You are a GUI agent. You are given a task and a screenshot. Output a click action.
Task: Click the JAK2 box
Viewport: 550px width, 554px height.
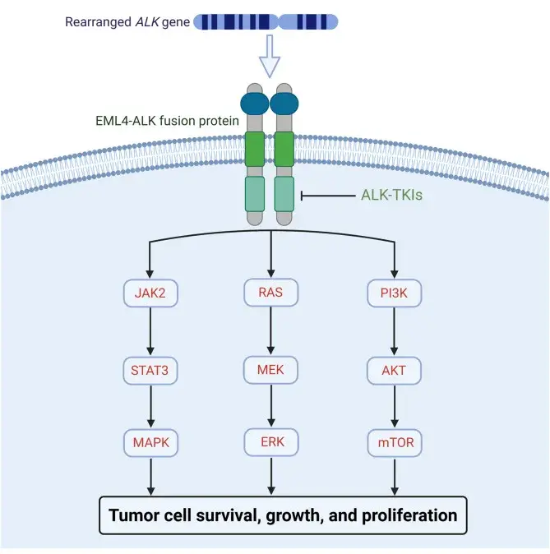point(150,293)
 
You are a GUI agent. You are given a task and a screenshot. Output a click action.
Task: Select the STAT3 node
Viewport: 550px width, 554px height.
point(150,371)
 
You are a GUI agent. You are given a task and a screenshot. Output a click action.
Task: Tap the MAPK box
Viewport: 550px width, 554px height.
point(151,443)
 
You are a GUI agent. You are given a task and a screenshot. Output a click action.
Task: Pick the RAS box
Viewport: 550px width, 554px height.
point(271,292)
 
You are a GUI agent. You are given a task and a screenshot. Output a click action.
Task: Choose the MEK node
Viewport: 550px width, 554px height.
point(270,370)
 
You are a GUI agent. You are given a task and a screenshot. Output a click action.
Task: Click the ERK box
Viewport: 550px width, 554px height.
point(271,442)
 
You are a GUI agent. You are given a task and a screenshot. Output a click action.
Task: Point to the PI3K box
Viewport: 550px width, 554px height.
point(395,293)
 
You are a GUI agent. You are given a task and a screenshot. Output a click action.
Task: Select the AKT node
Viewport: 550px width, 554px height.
point(394,371)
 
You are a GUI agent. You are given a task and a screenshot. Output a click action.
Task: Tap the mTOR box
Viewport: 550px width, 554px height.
point(395,443)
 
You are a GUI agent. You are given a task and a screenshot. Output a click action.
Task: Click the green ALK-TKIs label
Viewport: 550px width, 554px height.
point(391,195)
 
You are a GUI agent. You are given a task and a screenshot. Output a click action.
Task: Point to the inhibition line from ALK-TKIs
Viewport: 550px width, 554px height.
point(328,196)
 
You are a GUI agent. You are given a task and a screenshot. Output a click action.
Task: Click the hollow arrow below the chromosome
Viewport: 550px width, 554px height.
point(270,56)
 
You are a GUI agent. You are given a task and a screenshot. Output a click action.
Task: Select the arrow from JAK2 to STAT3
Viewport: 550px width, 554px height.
point(150,331)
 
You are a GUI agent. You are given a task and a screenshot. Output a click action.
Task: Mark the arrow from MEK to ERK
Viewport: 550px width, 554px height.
point(271,405)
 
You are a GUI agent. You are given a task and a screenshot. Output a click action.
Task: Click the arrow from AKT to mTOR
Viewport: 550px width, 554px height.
point(395,406)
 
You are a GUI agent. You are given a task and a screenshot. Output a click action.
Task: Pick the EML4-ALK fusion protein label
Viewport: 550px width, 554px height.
point(167,121)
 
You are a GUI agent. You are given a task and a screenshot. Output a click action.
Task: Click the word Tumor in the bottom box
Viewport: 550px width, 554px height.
point(132,515)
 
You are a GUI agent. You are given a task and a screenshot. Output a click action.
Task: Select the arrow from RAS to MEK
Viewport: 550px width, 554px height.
point(270,330)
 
